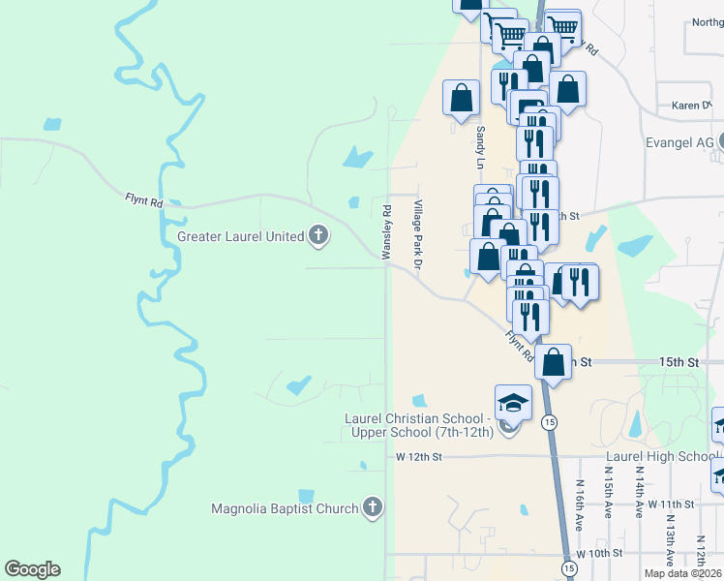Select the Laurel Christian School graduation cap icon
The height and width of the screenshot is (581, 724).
(x=513, y=402)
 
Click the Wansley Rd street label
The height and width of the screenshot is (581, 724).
(x=386, y=230)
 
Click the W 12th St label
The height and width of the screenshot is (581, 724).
(x=418, y=456)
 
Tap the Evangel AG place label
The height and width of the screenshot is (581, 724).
(x=679, y=142)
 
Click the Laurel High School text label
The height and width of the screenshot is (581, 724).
(x=661, y=456)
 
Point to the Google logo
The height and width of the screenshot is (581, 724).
(x=32, y=569)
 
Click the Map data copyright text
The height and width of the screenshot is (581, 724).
(x=682, y=573)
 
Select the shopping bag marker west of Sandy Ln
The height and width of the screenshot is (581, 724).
(x=461, y=97)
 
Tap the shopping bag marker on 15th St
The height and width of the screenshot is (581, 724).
(x=553, y=362)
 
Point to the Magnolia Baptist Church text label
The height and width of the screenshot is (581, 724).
(x=285, y=508)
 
